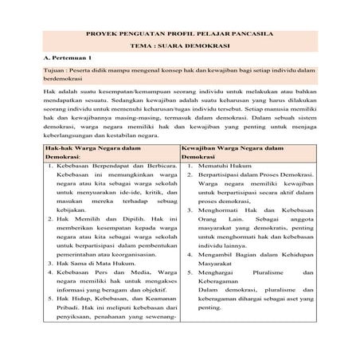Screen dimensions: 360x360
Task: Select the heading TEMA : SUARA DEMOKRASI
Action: click(180, 47)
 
